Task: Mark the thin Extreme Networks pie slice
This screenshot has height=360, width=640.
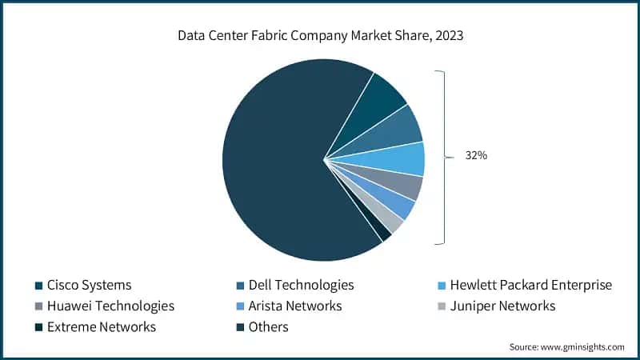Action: [378, 228]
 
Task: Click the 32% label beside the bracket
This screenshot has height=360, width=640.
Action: [476, 156]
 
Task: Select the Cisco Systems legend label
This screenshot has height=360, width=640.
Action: [89, 285]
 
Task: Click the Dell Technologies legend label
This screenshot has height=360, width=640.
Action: [301, 285]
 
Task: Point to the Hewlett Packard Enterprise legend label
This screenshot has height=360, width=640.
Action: [530, 285]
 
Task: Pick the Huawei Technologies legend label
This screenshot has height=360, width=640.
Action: [110, 306]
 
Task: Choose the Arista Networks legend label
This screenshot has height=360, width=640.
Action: [294, 306]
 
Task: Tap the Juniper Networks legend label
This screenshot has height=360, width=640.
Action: [502, 306]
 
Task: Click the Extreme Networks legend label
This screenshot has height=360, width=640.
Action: [101, 326]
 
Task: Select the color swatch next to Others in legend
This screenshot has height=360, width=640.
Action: [240, 327]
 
